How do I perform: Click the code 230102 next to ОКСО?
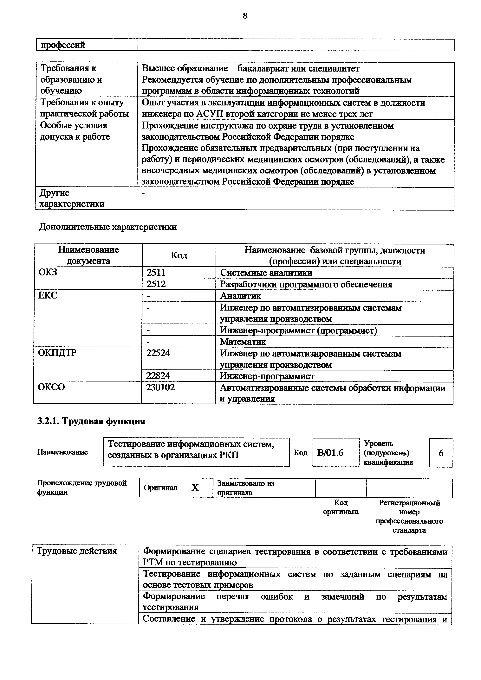(x=160, y=387)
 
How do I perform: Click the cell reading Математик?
(x=243, y=342)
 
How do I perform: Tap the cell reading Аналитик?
(x=240, y=296)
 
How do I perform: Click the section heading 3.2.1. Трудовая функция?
(x=91, y=421)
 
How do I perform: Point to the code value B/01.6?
(x=330, y=453)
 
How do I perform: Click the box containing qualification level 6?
(x=441, y=453)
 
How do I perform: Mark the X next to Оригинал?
(x=195, y=488)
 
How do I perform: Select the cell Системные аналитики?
(x=266, y=273)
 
